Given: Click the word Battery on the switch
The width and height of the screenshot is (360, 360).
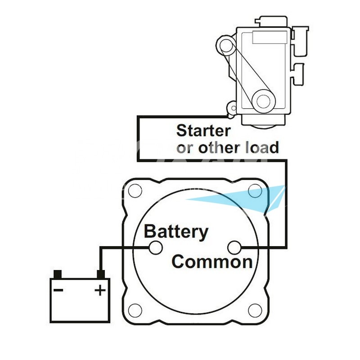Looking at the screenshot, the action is pos(176,232).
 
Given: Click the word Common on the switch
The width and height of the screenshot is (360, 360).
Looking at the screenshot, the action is pos(212,262).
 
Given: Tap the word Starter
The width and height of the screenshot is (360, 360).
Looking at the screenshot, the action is pos(203,130).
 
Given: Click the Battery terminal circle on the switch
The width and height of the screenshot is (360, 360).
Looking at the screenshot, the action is pos(156,248).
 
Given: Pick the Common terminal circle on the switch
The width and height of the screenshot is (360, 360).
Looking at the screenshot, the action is pos(234,247).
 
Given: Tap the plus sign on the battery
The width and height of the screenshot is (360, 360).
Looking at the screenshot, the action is pos(100,290).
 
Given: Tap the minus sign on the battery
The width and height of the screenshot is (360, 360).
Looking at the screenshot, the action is pos(58,290).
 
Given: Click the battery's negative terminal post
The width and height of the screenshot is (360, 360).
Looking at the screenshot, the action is pos(58,274).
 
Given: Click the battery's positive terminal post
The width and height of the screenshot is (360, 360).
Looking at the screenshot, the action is pos(101,274).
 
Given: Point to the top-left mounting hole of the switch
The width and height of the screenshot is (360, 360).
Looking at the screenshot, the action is pos(135,190).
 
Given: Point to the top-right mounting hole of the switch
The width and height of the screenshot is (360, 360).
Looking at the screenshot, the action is pos(255,190).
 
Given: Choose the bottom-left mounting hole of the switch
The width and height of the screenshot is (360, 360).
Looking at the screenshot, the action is pos(135,310).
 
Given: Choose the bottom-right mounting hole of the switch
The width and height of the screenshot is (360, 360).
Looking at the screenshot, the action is pos(255,310).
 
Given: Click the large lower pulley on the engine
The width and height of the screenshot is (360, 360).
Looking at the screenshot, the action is pos(263,101).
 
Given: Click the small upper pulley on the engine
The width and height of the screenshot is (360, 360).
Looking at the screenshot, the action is pos(226,45).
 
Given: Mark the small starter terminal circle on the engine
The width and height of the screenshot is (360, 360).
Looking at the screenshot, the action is pos(234,108).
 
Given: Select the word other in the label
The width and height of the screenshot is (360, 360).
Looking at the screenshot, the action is pos(219,147).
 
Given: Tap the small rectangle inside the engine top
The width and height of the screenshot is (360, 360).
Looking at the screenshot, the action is pos(270,37).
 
